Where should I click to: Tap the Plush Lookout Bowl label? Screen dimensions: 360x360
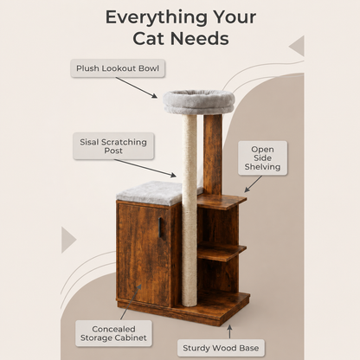[x=118, y=68]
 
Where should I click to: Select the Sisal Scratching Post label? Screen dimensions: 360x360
[x=113, y=146]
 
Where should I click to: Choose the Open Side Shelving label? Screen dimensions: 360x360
[x=262, y=158]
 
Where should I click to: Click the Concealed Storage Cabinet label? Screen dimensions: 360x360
[x=113, y=333]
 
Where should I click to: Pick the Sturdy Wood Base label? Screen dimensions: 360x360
[x=221, y=348]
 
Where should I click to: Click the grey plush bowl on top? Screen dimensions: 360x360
[x=199, y=101]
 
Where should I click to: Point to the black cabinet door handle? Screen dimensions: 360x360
[x=160, y=228]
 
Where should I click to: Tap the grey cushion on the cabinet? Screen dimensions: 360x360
[x=156, y=193]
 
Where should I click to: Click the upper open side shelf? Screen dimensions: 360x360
[x=222, y=202]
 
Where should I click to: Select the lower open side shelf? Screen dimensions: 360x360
[x=222, y=252]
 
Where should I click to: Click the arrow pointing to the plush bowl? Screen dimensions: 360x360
[x=137, y=87]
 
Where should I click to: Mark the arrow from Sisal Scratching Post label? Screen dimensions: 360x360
[x=145, y=168]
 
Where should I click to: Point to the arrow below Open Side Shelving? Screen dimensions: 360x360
[x=253, y=184]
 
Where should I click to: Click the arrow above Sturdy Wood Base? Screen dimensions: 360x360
[x=229, y=331]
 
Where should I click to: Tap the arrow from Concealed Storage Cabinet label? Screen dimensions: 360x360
[x=131, y=302]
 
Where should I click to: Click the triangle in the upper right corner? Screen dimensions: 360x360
[x=297, y=46]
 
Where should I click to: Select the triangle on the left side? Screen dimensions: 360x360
[x=68, y=240]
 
